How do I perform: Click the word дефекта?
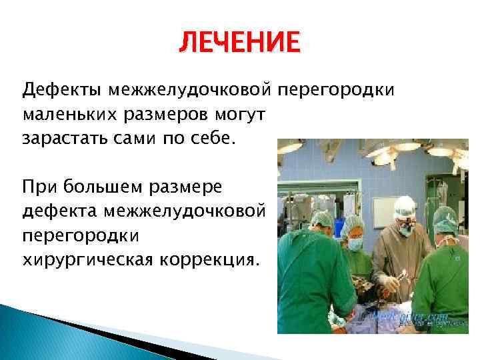(x=57, y=210)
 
